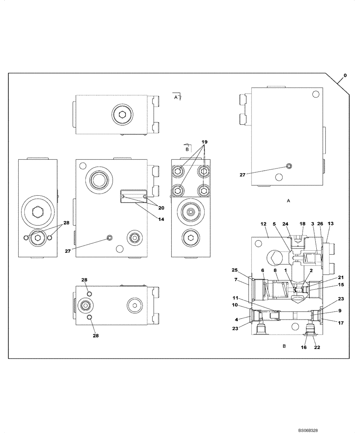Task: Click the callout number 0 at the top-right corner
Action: click(x=345, y=76)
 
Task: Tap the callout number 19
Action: click(x=205, y=142)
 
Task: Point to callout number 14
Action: click(x=161, y=220)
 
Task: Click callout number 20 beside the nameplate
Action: click(x=161, y=207)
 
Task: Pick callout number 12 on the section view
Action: click(x=263, y=224)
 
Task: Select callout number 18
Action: click(x=302, y=224)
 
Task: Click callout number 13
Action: click(x=331, y=224)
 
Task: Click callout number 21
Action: click(x=341, y=278)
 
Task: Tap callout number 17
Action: click(x=341, y=322)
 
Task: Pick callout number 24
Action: click(x=285, y=224)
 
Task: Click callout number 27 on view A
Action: click(x=242, y=175)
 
